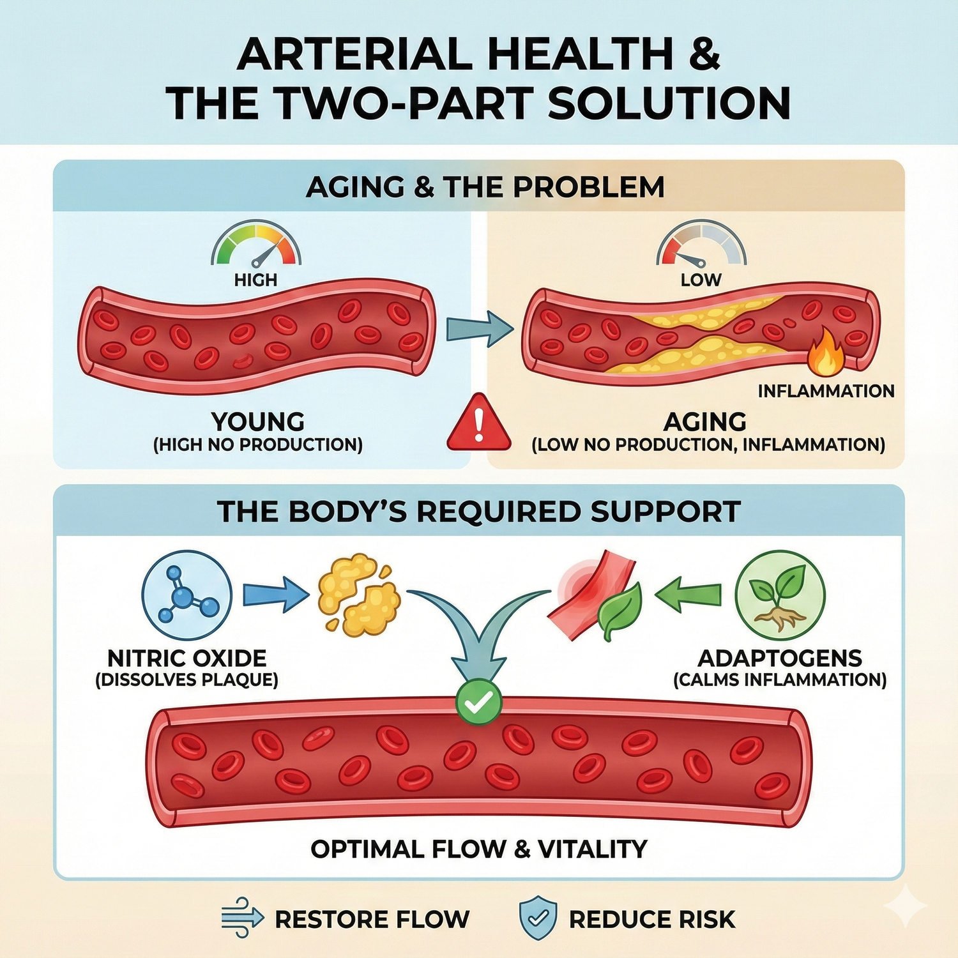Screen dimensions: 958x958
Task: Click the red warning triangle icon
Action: pos(479,424)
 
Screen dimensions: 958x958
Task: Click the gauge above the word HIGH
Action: pos(256,245)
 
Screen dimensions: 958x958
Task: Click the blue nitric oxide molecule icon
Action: pos(186,595)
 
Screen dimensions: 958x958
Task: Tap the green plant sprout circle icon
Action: pos(780,595)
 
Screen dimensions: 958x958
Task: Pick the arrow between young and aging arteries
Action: pos(479,328)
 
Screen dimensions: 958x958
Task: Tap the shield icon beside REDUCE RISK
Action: pos(538,918)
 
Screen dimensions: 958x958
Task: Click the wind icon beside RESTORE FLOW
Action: pos(242,918)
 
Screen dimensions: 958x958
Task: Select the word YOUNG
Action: pos(258,422)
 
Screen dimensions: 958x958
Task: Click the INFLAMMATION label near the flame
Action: pos(826,391)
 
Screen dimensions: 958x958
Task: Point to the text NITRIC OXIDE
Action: pos(186,658)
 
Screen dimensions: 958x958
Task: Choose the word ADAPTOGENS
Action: pos(780,658)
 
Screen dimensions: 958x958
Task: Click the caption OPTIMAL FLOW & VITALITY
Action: pos(479,849)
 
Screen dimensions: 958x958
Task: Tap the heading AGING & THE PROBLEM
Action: pos(485,187)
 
